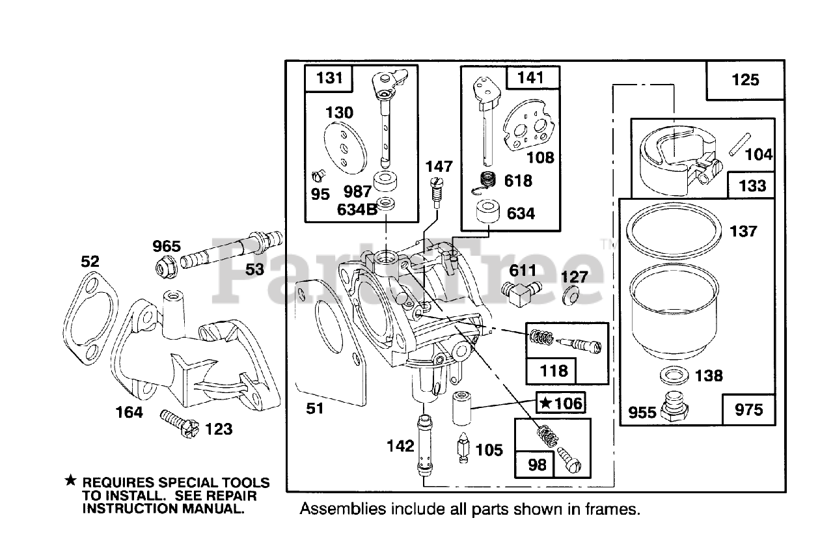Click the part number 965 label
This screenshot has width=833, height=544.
tap(166, 247)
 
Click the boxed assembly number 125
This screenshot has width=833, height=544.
tap(745, 79)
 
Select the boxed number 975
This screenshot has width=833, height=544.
tap(748, 410)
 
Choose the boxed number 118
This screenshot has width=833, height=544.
tap(554, 371)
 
